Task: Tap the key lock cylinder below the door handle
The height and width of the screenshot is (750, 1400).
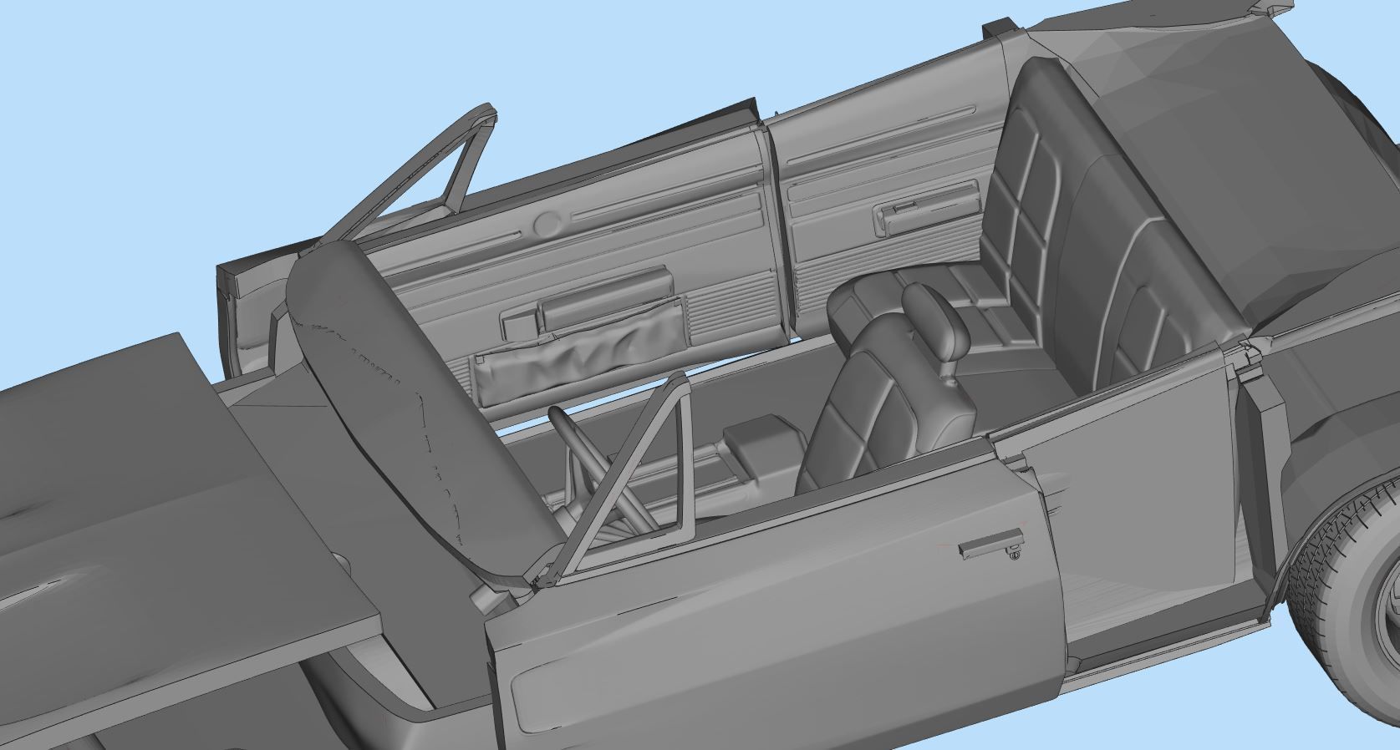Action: pos(1014,553)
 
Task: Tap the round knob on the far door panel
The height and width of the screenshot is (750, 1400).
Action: pos(547,223)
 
